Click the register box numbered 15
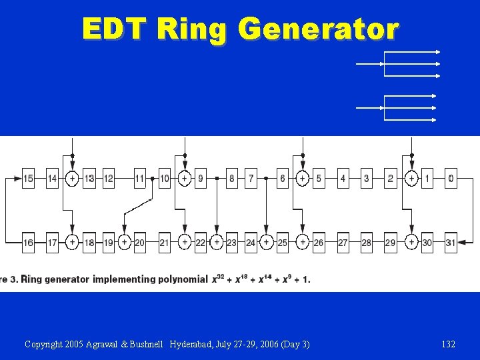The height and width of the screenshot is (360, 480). pyautogui.click(x=28, y=179)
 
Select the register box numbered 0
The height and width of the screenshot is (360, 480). pyautogui.click(x=451, y=179)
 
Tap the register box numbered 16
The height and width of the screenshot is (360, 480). pyautogui.click(x=28, y=243)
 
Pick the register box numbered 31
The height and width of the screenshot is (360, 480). pyautogui.click(x=451, y=243)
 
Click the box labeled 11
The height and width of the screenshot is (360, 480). pyautogui.click(x=139, y=179)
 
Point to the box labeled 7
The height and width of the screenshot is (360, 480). pyautogui.click(x=251, y=179)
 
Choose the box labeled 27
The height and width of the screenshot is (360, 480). pyautogui.click(x=343, y=243)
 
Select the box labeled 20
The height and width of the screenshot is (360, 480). pyautogui.click(x=139, y=243)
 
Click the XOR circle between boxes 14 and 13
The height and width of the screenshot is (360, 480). pyautogui.click(x=72, y=179)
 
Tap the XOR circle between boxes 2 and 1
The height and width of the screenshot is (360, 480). pyautogui.click(x=412, y=179)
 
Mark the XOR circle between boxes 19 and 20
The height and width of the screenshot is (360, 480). pyautogui.click(x=124, y=243)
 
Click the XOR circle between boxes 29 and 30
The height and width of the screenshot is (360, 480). pyautogui.click(x=412, y=243)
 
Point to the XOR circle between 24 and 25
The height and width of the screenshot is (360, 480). pyautogui.click(x=266, y=243)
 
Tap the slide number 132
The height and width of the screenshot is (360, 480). pyautogui.click(x=449, y=344)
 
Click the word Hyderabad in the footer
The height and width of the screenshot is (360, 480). pyautogui.click(x=191, y=344)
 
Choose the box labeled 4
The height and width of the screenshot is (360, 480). pyautogui.click(x=343, y=179)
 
